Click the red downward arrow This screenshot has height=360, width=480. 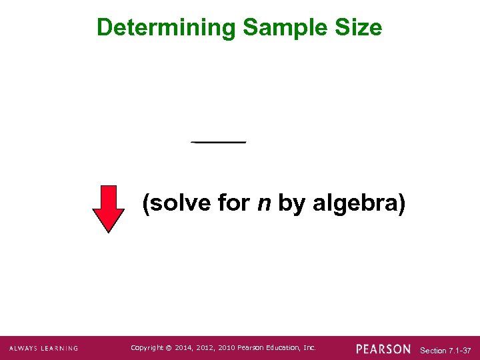[x=108, y=209]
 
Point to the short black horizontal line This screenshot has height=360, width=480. [x=219, y=142]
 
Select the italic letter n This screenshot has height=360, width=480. [x=264, y=203]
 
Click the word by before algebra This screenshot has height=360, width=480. [x=291, y=203]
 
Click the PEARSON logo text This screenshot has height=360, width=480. [x=383, y=349]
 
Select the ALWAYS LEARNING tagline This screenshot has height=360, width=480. [x=43, y=349]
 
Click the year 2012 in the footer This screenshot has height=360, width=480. [x=205, y=348]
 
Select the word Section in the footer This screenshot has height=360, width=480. [x=433, y=350]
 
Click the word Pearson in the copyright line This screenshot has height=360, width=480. [x=250, y=348]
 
